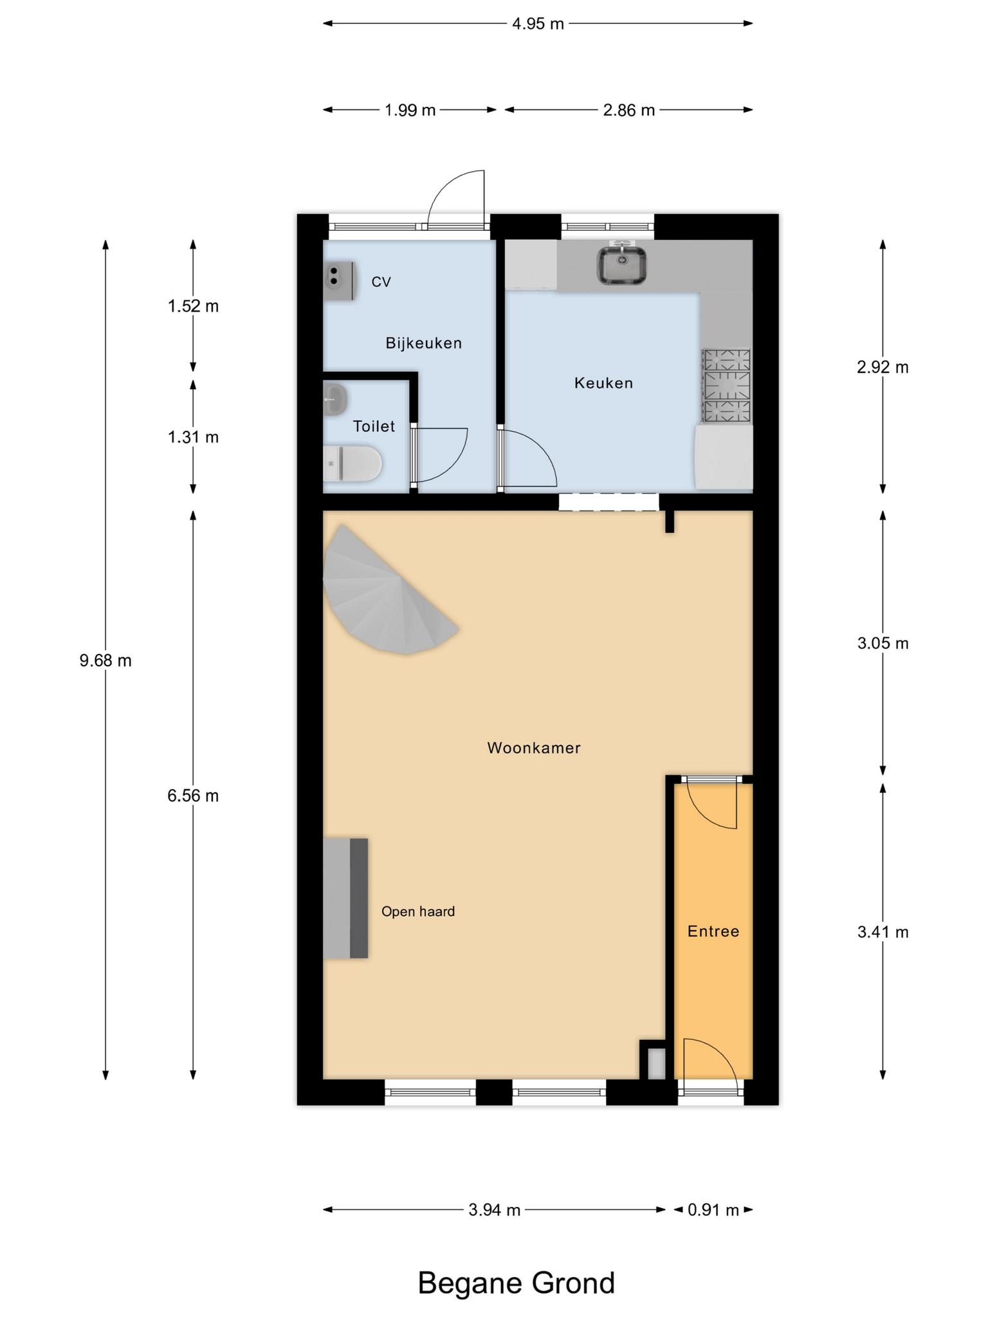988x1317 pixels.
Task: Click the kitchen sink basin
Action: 622,265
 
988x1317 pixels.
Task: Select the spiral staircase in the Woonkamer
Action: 386,592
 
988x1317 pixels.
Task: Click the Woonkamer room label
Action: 534,748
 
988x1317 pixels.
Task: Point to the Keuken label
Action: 603,383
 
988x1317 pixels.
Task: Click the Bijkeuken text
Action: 424,343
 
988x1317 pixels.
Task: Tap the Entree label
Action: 713,931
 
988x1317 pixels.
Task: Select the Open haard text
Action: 418,911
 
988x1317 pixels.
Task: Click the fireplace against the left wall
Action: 345,898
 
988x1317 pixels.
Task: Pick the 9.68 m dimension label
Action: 105,660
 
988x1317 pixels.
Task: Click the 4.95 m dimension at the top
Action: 538,24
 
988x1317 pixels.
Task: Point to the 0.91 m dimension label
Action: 713,1210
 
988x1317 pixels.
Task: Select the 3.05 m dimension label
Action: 883,643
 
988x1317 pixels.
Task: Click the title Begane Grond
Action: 517,1282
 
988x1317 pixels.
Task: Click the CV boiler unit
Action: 340,282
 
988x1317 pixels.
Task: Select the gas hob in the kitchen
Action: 727,386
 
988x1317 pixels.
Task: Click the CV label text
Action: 381,282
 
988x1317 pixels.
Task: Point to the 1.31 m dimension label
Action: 193,437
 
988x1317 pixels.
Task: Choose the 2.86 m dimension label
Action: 629,110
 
